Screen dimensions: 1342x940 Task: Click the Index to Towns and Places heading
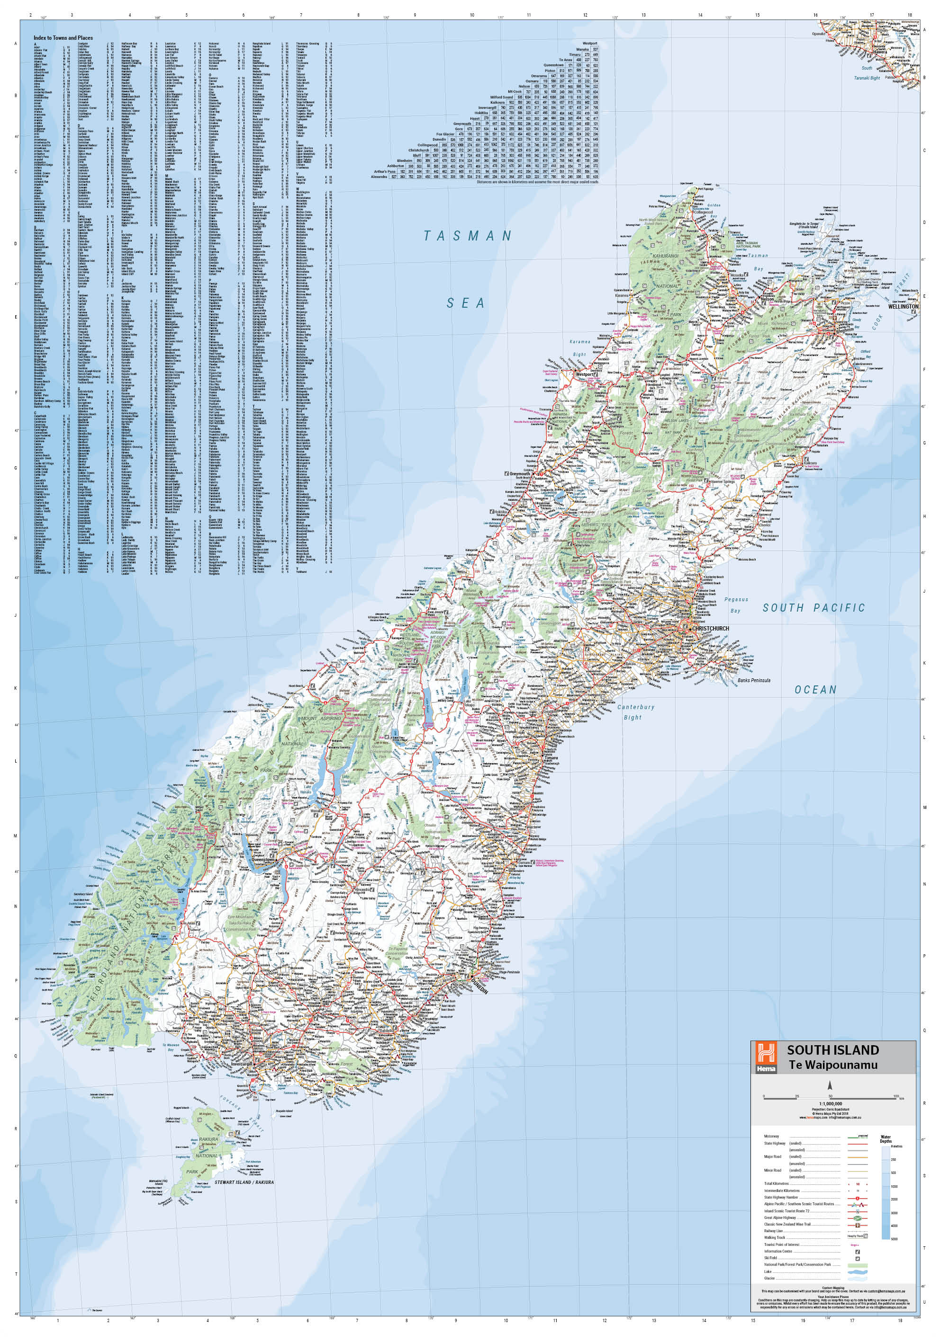point(63,38)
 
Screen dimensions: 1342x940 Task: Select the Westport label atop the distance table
point(589,43)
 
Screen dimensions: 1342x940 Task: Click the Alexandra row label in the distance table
point(379,176)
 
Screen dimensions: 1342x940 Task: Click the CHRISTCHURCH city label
point(710,628)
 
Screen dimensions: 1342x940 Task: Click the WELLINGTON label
point(903,306)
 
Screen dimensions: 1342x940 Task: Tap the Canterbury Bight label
point(636,712)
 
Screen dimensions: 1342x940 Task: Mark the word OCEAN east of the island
point(815,690)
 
